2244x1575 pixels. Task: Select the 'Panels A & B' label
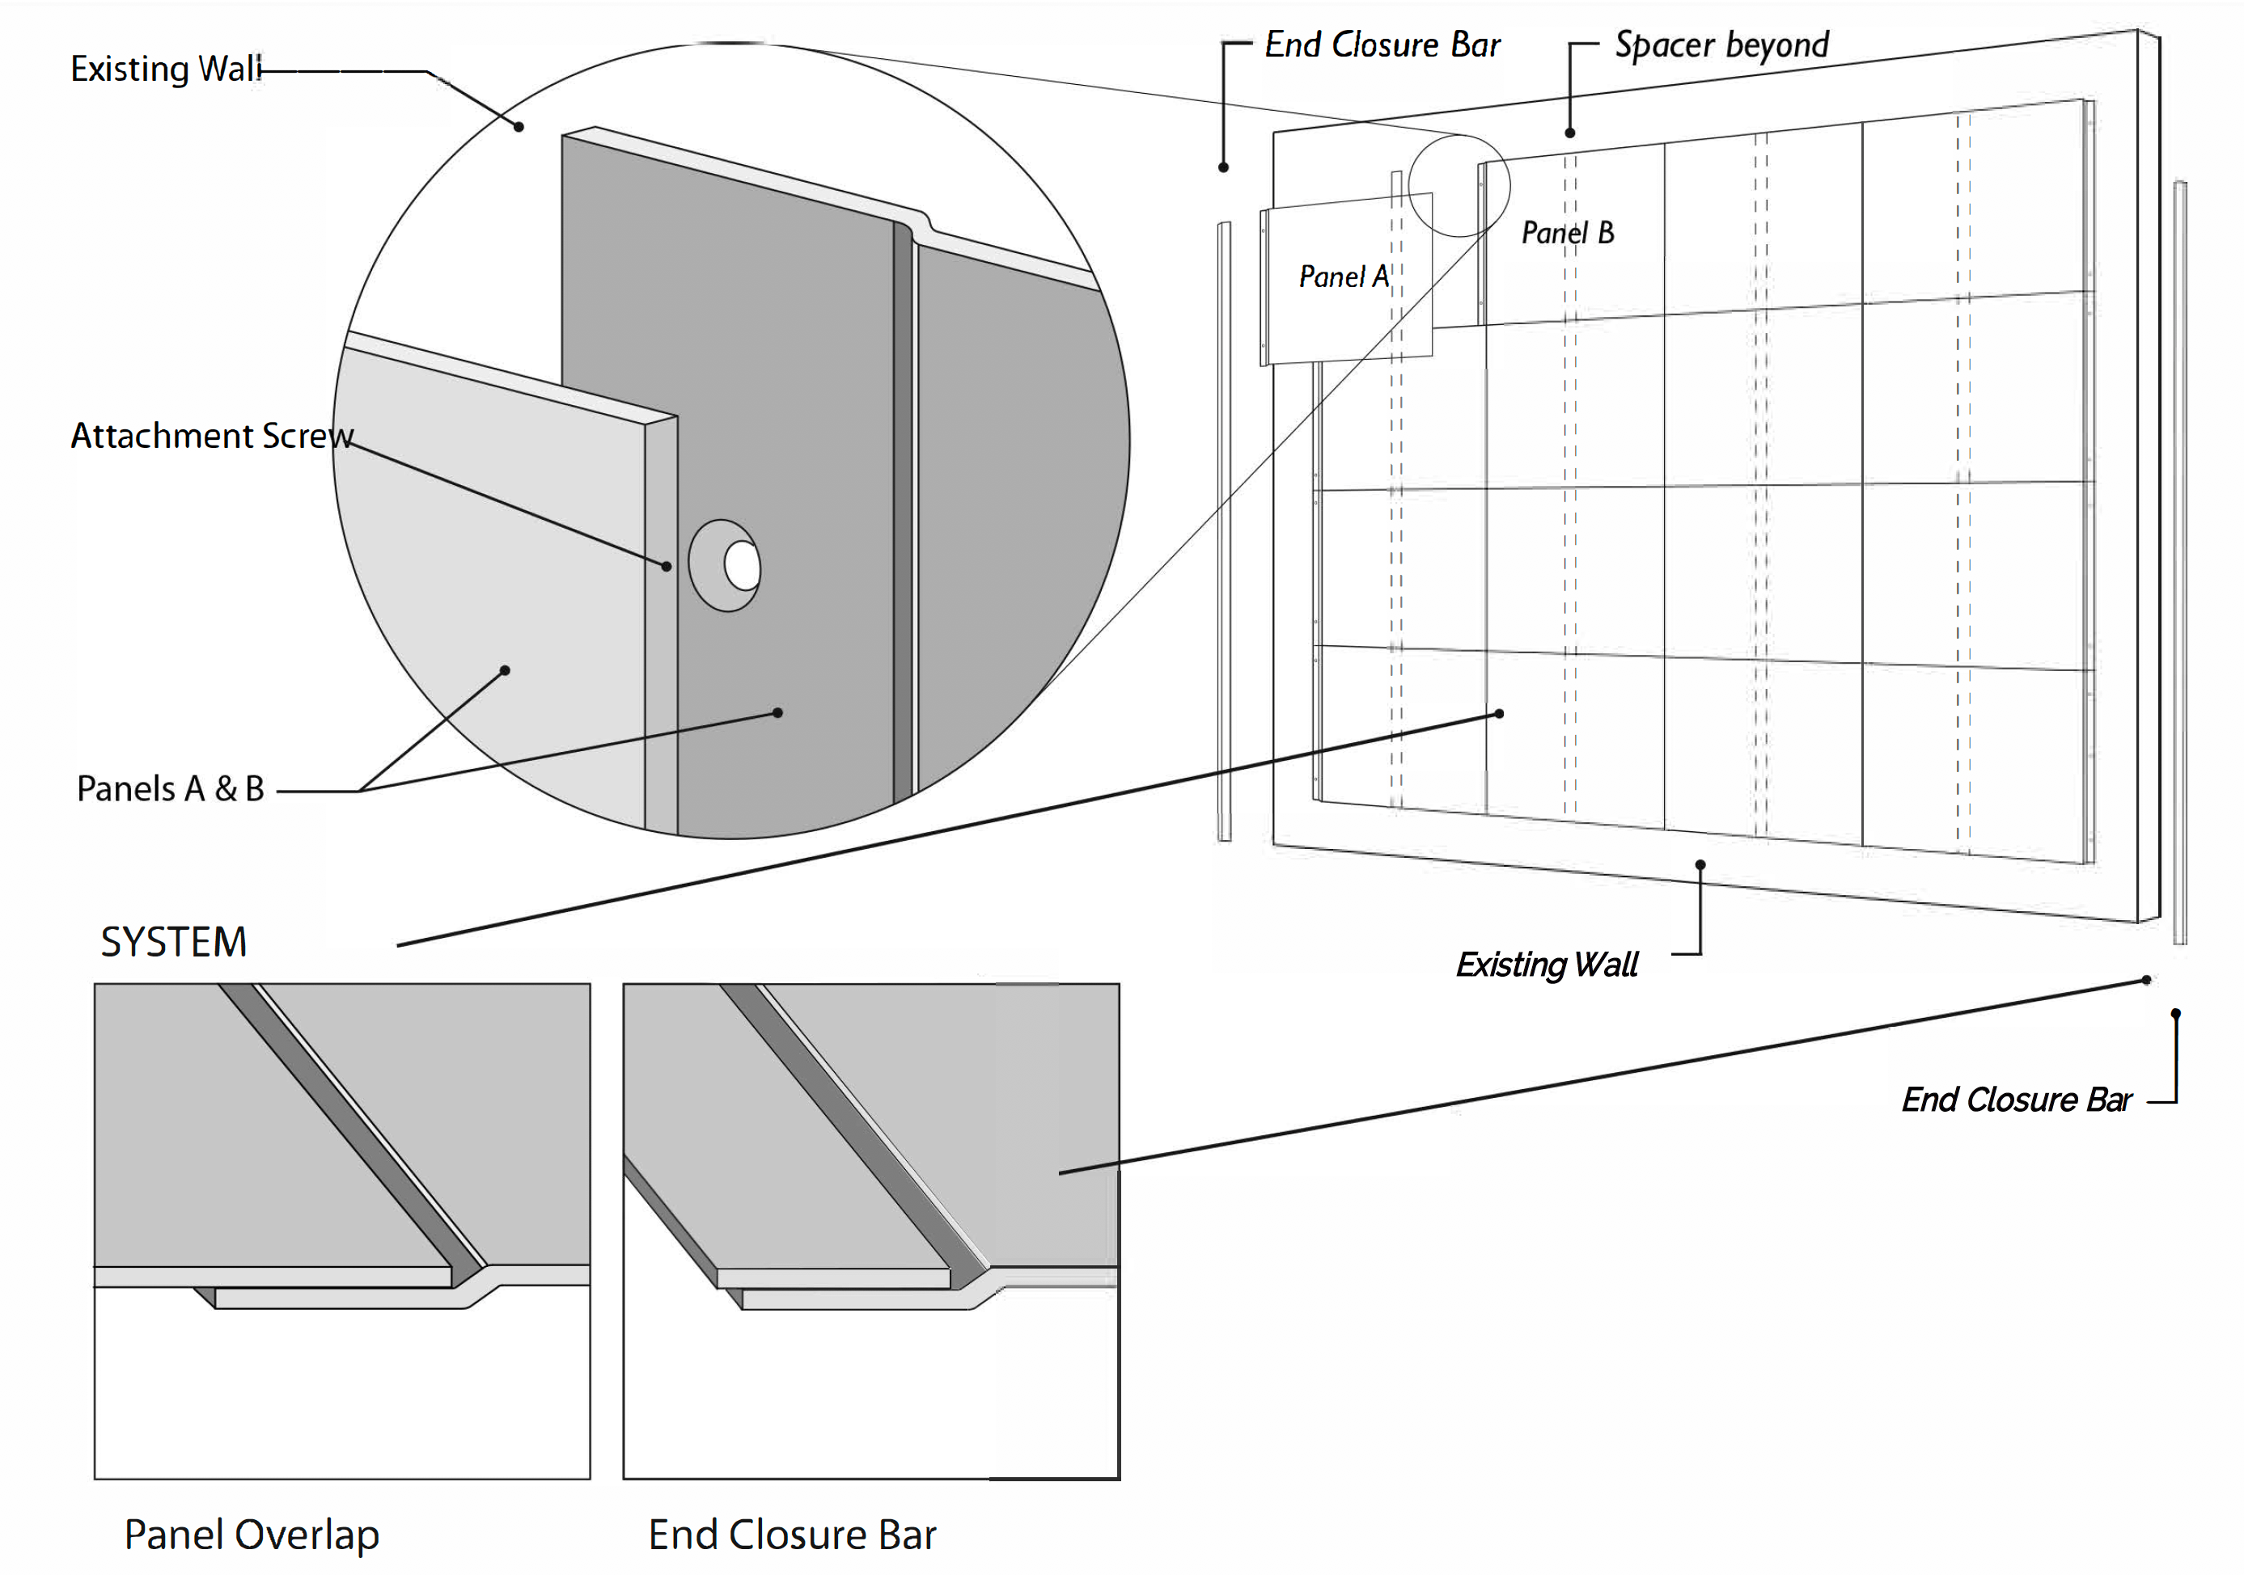click(171, 788)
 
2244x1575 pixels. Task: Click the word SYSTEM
click(174, 942)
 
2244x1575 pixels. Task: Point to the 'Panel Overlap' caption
click(252, 1535)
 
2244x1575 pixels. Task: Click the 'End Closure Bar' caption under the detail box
click(792, 1535)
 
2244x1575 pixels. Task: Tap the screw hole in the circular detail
click(742, 566)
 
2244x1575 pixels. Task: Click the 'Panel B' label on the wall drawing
click(1568, 234)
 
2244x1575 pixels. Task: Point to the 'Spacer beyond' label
click(1721, 46)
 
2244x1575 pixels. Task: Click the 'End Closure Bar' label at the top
click(1382, 46)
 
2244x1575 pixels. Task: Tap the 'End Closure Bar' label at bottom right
click(2016, 1100)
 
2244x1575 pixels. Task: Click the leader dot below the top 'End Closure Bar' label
click(1222, 167)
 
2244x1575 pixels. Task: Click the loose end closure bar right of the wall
click(2179, 562)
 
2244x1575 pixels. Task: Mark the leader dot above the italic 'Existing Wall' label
click(1700, 864)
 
